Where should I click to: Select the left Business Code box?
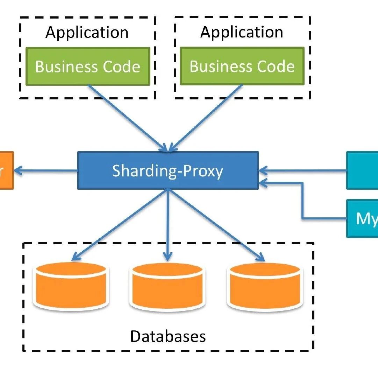coord(88,66)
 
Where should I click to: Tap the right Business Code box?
coord(242,66)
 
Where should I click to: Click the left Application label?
coord(87,33)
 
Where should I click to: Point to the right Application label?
coord(242,33)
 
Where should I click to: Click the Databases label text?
coord(168,336)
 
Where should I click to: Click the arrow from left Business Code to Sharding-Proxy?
coord(128,117)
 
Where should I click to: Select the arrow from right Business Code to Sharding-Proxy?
coord(206,117)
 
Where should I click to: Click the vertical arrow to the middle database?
coord(168,224)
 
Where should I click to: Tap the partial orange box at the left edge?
coord(6,170)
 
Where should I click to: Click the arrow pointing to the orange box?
coord(45,171)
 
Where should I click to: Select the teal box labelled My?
coord(362,218)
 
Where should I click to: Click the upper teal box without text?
coord(362,170)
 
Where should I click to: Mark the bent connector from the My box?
coord(303,203)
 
